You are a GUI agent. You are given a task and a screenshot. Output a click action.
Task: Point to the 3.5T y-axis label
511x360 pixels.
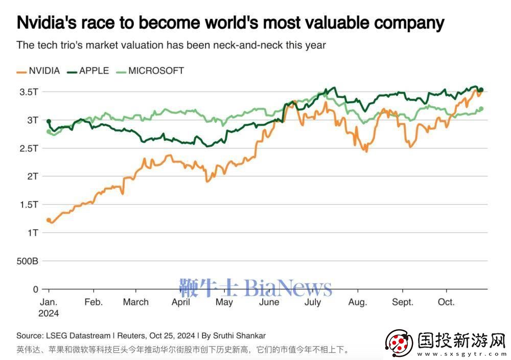point(30,92)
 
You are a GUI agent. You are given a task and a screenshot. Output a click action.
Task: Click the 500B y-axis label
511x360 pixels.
point(28,261)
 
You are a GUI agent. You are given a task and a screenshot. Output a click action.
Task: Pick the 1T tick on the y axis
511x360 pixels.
point(33,233)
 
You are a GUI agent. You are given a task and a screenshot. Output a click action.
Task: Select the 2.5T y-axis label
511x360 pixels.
point(30,148)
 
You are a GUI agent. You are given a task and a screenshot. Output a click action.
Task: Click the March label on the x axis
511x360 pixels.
point(135,302)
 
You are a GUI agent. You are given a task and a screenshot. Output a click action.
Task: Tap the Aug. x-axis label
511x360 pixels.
point(358,302)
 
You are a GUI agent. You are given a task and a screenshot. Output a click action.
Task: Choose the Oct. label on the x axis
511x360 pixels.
point(446,302)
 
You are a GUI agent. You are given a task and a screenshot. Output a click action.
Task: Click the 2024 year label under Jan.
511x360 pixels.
point(49,313)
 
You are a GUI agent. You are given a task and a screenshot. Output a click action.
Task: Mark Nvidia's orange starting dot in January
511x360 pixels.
point(49,220)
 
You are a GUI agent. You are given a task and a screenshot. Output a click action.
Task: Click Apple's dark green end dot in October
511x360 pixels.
point(481,90)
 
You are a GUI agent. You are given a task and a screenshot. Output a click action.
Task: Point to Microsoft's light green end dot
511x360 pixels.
point(481,108)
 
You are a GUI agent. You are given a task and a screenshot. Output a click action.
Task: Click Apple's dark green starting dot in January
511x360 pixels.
point(49,122)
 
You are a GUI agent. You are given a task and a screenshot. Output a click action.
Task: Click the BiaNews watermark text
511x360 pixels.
point(289,288)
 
